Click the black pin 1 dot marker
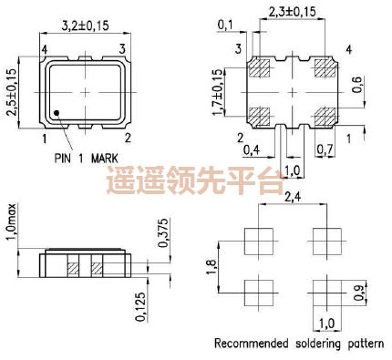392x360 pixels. pyautogui.click(x=57, y=113)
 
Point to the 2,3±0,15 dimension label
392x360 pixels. pyautogui.click(x=293, y=12)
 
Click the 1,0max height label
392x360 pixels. pyautogui.click(x=12, y=224)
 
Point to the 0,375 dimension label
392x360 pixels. pyautogui.click(x=162, y=233)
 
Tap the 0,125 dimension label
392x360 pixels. pyautogui.click(x=139, y=306)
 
